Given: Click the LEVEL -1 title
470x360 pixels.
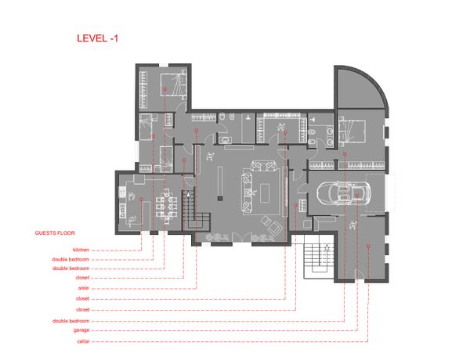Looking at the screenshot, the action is click(97, 38).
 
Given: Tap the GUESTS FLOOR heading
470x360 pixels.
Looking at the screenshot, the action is click(55, 233).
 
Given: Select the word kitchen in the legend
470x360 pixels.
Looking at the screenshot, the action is click(81, 250).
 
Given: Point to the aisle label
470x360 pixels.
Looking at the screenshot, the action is click(84, 288).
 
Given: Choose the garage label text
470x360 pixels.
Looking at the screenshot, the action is click(81, 330).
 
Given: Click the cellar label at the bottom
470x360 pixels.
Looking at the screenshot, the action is click(83, 341).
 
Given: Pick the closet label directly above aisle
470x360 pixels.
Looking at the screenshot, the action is click(82, 278).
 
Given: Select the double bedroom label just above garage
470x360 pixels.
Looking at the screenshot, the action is click(71, 321).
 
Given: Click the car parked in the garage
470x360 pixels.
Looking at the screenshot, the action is click(344, 193).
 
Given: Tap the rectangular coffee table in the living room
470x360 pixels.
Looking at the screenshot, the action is click(265, 193).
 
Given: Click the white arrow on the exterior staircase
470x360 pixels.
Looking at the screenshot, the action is click(327, 247).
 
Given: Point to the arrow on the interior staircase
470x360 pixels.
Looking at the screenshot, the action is click(188, 194).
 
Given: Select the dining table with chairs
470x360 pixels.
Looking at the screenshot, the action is click(166, 206).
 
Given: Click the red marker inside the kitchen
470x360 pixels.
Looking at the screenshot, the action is click(141, 199).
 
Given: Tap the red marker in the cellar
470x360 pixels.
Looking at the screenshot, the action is click(368, 247).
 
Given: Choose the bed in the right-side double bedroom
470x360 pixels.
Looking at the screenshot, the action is click(352, 131).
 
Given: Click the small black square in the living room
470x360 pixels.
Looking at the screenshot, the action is click(220, 198).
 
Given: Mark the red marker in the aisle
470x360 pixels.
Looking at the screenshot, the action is click(197, 130).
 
